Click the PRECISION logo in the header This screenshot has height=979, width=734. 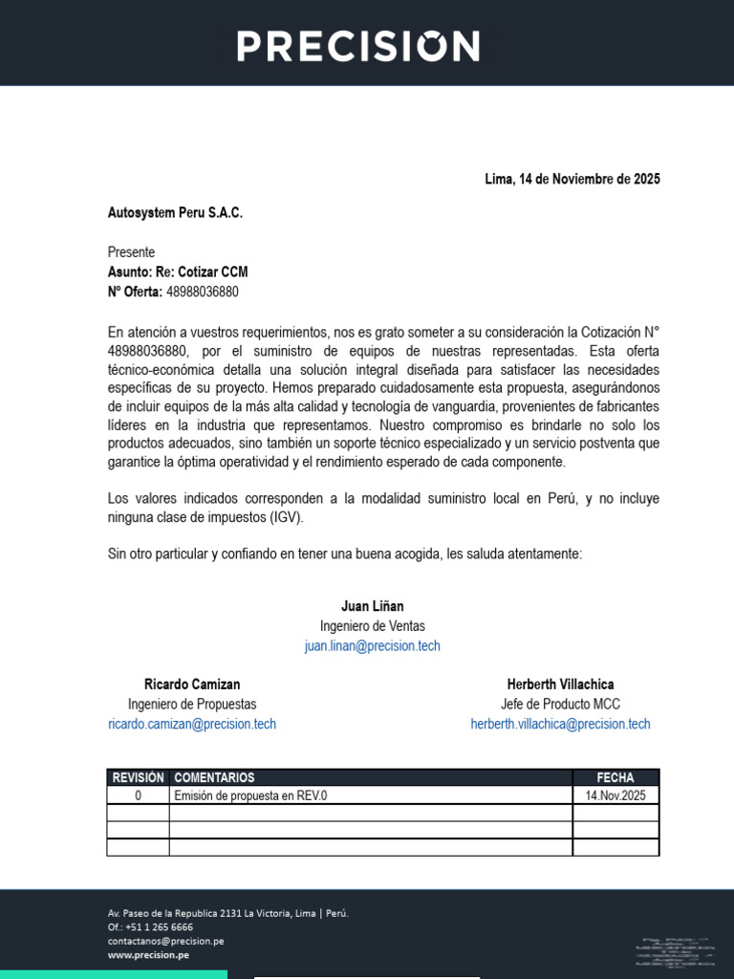coord(358,46)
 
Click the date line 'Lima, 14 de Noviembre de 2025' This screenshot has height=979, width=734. coord(572,180)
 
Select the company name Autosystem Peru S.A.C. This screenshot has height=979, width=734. coord(175,212)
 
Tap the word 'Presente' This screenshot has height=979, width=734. coord(131,252)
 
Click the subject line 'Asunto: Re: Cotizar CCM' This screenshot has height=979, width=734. coord(178,272)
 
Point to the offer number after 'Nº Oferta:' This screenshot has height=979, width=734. coord(203,293)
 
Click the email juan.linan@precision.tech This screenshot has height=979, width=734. coord(372,646)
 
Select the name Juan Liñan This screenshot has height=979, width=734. coord(372,606)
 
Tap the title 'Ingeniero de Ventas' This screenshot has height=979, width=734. coord(372,626)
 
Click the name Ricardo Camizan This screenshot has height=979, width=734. coord(192,685)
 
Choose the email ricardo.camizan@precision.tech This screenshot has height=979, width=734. coord(192,725)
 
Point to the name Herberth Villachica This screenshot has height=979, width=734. coord(560,685)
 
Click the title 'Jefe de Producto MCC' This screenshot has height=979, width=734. coord(560,705)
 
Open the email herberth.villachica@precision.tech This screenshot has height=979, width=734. coord(560,725)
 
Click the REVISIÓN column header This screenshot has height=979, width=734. coord(139,778)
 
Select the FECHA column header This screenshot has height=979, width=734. coord(615,778)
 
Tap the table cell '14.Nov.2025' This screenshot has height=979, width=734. coord(615,795)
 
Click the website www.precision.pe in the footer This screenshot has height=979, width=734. coord(148,955)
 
